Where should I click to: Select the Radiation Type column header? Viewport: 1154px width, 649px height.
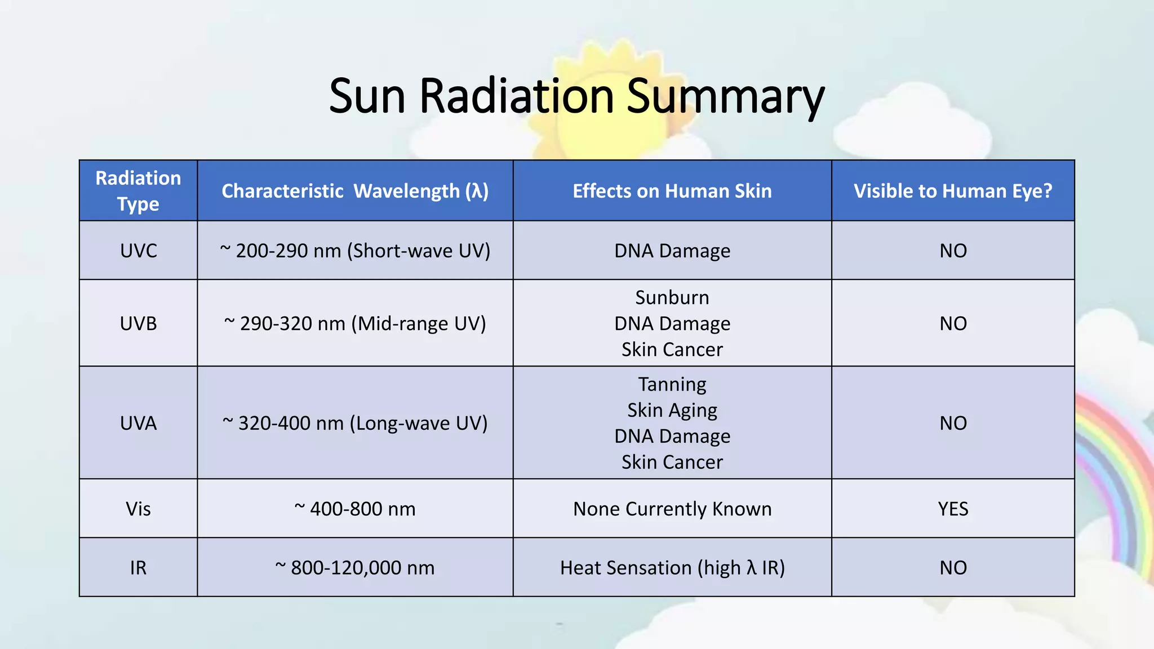point(138,190)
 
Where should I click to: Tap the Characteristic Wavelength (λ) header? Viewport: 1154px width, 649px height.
point(355,191)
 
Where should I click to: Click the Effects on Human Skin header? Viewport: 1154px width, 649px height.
point(672,191)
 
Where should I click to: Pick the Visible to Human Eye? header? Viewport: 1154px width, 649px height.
point(952,191)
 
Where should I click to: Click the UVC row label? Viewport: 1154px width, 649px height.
point(138,251)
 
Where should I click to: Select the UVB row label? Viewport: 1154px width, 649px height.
point(138,323)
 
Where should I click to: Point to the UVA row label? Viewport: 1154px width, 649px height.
point(138,423)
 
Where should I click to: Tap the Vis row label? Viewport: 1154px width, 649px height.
point(138,509)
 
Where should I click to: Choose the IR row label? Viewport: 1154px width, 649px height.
point(138,567)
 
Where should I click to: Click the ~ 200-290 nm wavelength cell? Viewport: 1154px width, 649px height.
point(355,251)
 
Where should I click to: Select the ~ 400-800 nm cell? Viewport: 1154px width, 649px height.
point(355,509)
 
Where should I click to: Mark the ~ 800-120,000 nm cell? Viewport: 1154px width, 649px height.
point(355,567)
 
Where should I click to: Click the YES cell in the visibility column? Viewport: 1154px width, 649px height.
point(953,509)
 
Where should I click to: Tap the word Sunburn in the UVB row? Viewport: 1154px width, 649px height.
point(672,297)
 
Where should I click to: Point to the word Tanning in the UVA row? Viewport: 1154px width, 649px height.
point(672,384)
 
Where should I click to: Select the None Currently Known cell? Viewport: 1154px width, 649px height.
point(672,509)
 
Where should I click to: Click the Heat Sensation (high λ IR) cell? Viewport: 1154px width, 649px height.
point(672,567)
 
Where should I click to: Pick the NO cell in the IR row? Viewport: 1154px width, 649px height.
point(953,567)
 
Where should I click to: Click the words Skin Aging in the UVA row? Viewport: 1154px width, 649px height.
point(672,410)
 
